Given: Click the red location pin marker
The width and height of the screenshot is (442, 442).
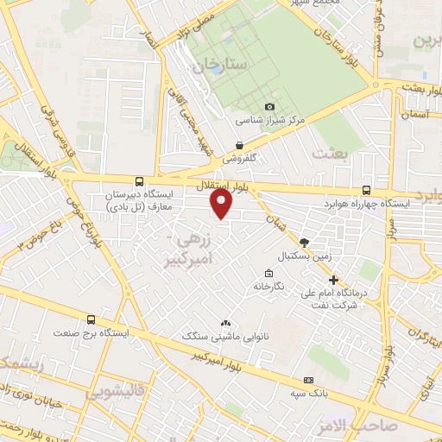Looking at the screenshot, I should tap(222, 204).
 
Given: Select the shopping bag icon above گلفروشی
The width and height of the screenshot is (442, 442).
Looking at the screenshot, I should tap(239, 145).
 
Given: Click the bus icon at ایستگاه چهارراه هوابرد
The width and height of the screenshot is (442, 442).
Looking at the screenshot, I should tap(366, 191).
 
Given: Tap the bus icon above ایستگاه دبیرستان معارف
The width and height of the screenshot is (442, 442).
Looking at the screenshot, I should tap(140, 181).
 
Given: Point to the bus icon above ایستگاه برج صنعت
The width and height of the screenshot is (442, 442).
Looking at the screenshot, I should tap(92, 319).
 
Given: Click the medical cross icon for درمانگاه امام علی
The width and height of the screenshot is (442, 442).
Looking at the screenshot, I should tap(334, 280).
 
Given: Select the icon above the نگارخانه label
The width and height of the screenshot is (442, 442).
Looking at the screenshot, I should tap(268, 273).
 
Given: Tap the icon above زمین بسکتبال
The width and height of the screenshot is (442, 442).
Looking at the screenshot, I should tap(304, 243).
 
